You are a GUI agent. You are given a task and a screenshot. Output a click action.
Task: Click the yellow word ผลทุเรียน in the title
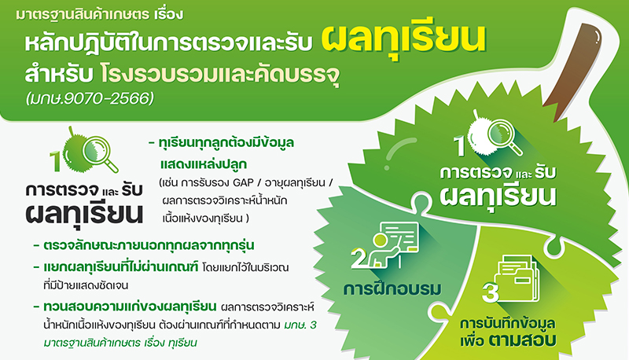pyautogui.click(x=403, y=40)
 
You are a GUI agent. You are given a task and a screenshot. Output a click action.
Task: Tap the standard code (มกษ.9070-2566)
pyautogui.click(x=90, y=98)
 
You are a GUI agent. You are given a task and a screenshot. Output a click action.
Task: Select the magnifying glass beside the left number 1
pyautogui.click(x=101, y=153)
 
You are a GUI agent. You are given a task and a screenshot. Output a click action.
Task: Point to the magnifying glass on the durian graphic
pyautogui.click(x=505, y=137)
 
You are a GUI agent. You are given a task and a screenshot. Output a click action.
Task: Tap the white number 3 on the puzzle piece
pyautogui.click(x=490, y=292)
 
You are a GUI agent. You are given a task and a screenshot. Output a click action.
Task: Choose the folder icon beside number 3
pyautogui.click(x=517, y=278)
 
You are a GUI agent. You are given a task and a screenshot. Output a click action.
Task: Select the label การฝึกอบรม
pyautogui.click(x=392, y=289)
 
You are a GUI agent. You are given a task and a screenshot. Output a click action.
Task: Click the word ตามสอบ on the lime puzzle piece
pyautogui.click(x=522, y=340)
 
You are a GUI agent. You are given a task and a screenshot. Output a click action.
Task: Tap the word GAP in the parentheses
pyautogui.click(x=243, y=183)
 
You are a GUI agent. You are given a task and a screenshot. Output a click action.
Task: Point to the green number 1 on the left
pyautogui.click(x=55, y=161)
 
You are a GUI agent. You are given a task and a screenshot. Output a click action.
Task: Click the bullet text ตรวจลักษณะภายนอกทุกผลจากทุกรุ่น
pyautogui.click(x=149, y=245)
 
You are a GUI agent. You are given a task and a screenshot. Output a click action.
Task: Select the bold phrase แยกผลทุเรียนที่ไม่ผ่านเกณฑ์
pyautogui.click(x=121, y=267)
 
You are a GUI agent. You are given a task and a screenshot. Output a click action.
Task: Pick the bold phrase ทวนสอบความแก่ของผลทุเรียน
pyautogui.click(x=130, y=307)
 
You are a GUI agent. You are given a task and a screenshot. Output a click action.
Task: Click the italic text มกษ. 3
pyautogui.click(x=300, y=325)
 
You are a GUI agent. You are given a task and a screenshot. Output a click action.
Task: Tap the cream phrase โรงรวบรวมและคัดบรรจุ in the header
pyautogui.click(x=220, y=75)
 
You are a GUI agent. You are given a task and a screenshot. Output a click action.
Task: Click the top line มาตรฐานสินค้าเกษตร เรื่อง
pyautogui.click(x=100, y=15)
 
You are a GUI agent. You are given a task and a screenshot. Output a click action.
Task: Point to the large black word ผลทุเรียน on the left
pyautogui.click(x=84, y=214)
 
